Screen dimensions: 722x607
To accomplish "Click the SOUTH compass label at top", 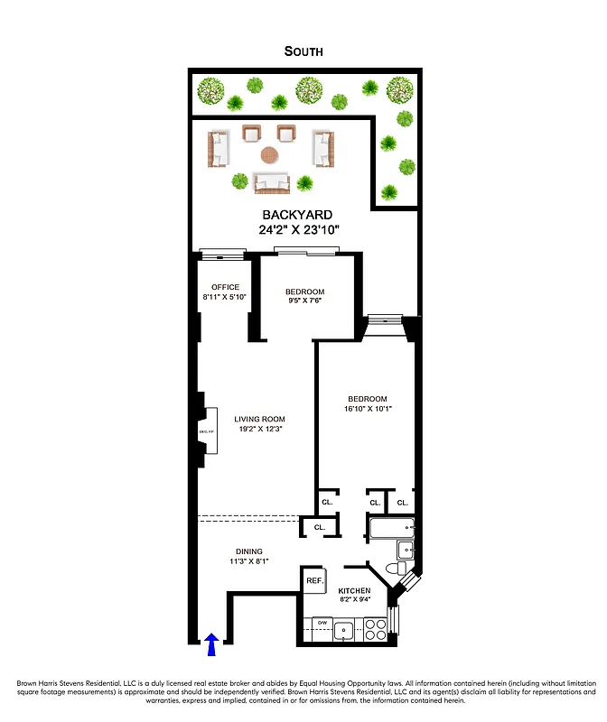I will pos(303,51).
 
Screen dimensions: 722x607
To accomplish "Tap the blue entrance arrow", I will pos(211,643).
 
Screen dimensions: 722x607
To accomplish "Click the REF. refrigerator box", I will pos(314,581).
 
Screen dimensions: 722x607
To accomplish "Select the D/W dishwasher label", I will pos(321,623).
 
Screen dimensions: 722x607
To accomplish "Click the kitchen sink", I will pos(343,630).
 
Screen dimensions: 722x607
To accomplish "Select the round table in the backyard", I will pos(270,155).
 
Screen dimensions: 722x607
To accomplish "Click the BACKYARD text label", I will pos(297,215).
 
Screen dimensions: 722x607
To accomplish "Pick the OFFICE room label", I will pos(225,287).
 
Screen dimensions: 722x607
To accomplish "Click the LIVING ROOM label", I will pos(259,419).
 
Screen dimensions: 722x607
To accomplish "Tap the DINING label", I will pos(249,551).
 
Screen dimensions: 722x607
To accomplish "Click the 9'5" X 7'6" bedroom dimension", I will pos(304,301).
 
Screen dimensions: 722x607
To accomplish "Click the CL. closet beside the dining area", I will pos(320,527).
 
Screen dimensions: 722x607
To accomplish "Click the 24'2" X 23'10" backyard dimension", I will pos(297,229).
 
